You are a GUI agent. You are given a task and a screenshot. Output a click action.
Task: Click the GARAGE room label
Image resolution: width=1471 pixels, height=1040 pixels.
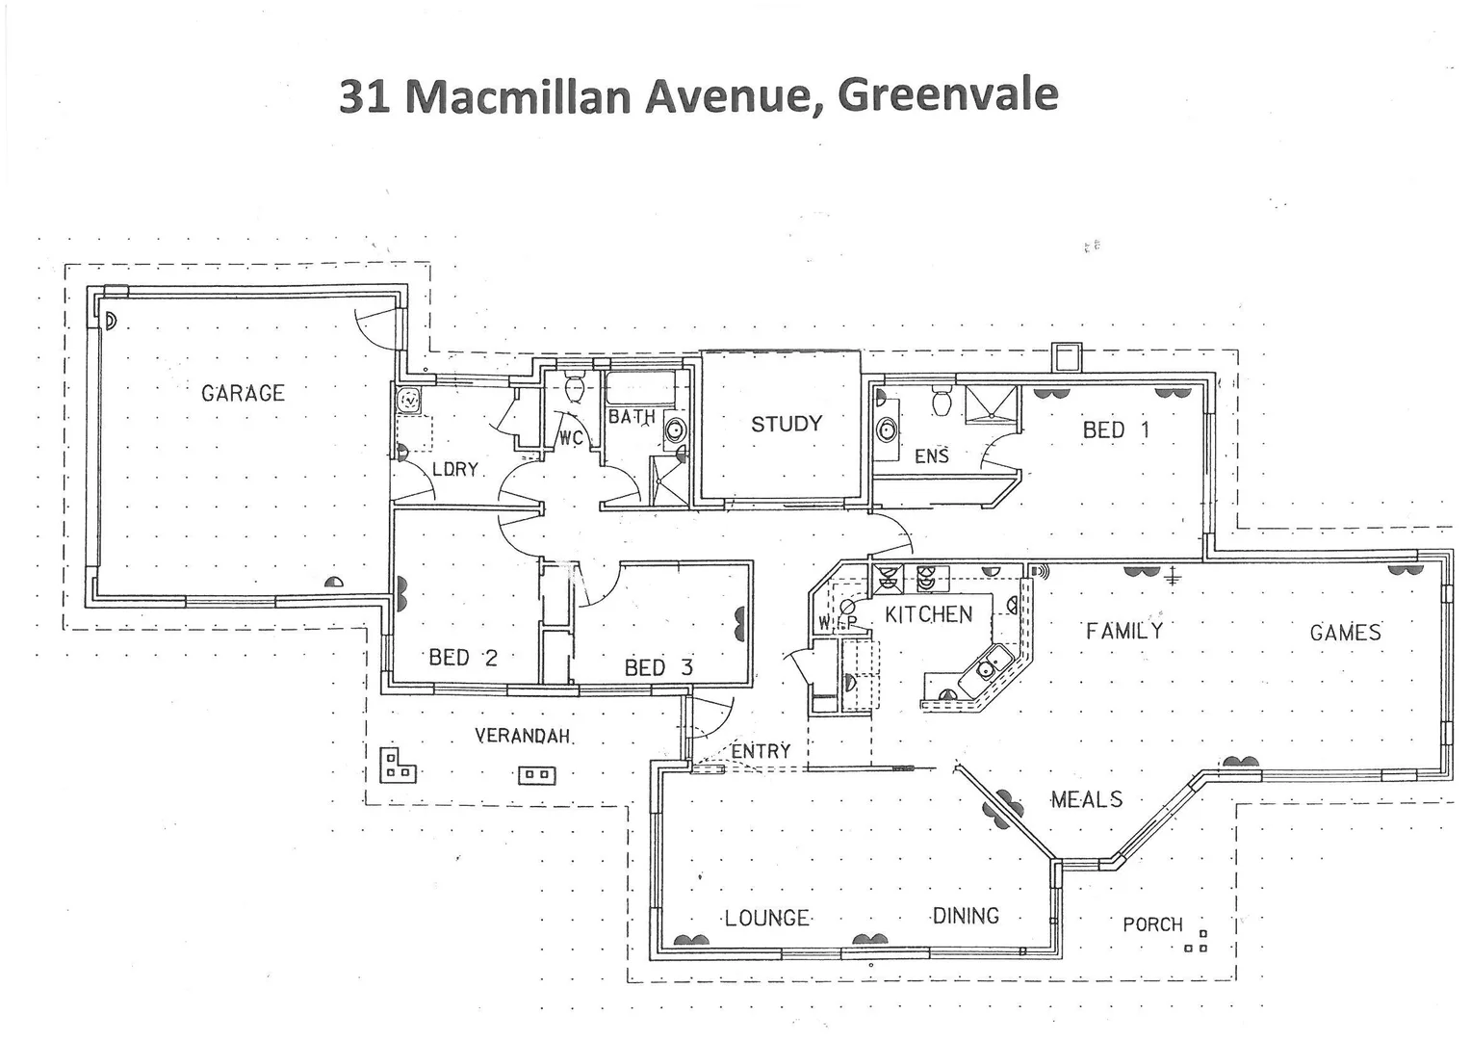click(243, 393)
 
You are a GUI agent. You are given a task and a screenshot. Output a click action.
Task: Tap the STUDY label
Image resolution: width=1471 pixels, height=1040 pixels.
click(787, 424)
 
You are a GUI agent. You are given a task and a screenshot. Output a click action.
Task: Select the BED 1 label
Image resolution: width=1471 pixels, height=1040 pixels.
click(1116, 430)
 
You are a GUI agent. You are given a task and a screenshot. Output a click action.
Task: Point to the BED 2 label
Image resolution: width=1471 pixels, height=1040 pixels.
click(463, 658)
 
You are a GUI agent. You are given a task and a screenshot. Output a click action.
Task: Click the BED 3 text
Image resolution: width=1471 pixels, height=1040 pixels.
click(658, 667)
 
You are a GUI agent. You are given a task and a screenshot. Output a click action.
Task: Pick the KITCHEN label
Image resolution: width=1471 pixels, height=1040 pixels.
click(929, 614)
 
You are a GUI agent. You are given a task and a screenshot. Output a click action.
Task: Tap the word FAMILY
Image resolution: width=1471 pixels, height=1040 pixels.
click(1124, 631)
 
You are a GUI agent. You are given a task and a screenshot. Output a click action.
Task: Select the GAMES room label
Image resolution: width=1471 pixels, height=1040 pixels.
click(1345, 633)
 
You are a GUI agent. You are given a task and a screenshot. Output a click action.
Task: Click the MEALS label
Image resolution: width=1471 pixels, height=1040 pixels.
click(1086, 799)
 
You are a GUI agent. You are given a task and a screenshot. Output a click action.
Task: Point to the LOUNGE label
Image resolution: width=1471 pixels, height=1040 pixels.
click(766, 918)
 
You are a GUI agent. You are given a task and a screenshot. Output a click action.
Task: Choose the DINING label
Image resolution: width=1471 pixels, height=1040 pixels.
click(966, 916)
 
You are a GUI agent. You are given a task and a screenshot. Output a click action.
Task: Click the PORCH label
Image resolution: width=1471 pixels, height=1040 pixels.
click(1152, 924)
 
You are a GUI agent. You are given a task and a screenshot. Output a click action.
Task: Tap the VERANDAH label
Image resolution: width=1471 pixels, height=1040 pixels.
click(523, 736)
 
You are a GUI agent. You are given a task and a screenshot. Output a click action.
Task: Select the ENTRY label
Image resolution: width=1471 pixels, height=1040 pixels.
click(761, 750)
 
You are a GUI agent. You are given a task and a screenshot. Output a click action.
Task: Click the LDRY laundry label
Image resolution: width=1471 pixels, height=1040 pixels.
click(454, 469)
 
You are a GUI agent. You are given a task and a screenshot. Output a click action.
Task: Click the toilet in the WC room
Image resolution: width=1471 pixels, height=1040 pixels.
click(575, 389)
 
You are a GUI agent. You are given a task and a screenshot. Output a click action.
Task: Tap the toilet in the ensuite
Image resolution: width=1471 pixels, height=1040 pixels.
click(942, 399)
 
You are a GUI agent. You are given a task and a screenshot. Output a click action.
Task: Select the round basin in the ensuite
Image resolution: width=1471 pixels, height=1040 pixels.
click(886, 430)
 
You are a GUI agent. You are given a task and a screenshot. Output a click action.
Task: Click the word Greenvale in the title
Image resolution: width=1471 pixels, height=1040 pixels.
click(948, 94)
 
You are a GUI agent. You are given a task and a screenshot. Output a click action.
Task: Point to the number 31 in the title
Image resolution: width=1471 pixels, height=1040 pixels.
click(364, 96)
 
